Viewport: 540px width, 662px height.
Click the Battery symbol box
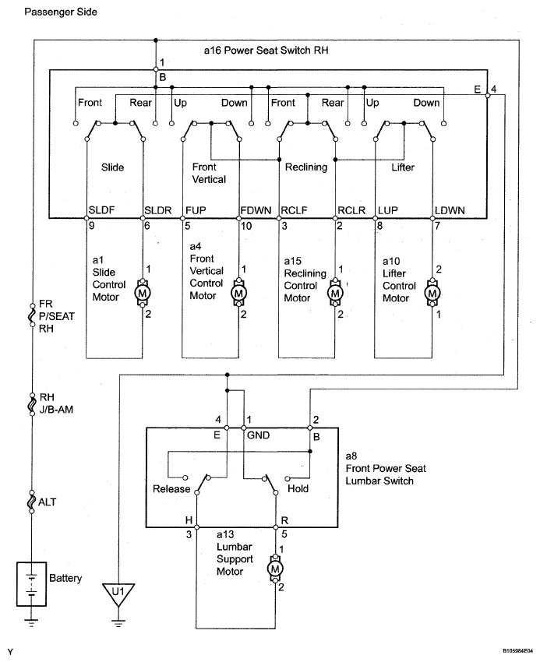[31, 584]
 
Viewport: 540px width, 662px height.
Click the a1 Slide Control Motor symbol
[143, 293]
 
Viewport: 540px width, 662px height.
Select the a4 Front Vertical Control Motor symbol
[238, 293]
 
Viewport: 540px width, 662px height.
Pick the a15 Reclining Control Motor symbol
[335, 293]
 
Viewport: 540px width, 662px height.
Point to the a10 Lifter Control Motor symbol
[432, 293]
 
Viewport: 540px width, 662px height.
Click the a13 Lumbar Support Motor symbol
[275, 569]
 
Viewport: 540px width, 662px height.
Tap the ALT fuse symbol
[32, 502]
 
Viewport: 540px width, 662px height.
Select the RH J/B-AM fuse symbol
[32, 404]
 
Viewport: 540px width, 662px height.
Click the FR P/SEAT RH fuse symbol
[32, 315]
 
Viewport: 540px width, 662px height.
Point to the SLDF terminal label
[101, 210]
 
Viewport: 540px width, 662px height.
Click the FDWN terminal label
[256, 210]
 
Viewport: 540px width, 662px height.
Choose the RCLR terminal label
[351, 210]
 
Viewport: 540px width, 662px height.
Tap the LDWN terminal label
[450, 210]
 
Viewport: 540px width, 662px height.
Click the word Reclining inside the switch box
[306, 167]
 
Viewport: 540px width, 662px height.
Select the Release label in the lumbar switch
[171, 489]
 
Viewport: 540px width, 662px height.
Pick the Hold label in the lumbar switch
[298, 488]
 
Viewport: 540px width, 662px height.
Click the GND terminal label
[258, 435]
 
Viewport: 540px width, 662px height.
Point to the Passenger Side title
[61, 12]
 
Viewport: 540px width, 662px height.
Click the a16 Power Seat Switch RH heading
[266, 51]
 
